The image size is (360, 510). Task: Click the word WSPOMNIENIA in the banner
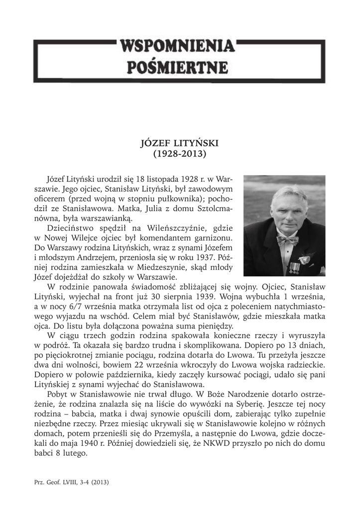(x=177, y=47)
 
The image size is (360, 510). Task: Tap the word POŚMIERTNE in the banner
(x=177, y=66)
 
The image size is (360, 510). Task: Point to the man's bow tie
(x=287, y=241)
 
